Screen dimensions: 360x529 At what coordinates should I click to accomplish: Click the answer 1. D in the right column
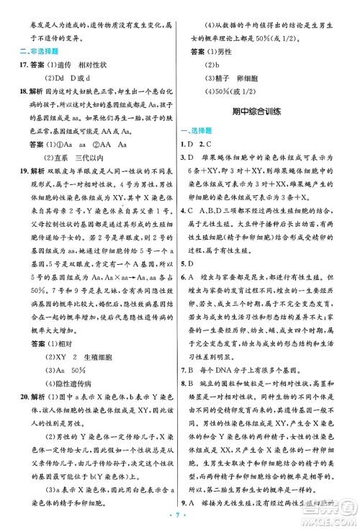pyautogui.click(x=186, y=145)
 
